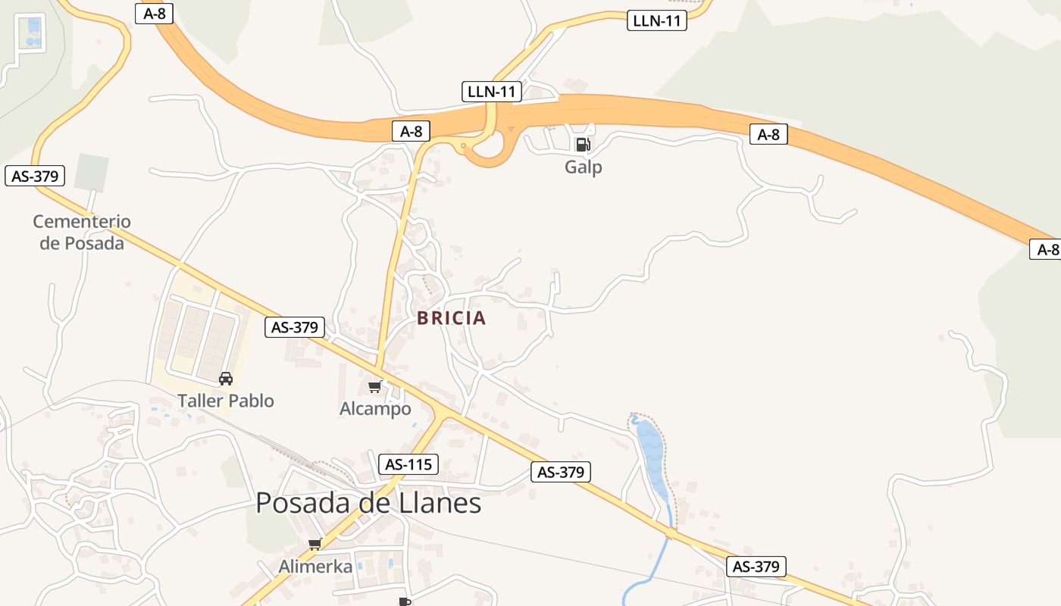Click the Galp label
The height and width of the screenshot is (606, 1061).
[x=583, y=167]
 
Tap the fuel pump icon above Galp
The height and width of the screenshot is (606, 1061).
[x=582, y=144]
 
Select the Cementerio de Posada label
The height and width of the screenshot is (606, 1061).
[x=82, y=232]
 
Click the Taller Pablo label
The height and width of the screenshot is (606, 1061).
[x=225, y=401]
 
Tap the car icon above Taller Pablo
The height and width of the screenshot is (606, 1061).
[x=225, y=378]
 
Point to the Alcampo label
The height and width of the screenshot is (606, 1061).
[x=375, y=409]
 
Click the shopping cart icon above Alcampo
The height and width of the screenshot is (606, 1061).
[x=374, y=387]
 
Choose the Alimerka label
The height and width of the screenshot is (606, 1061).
[x=315, y=566]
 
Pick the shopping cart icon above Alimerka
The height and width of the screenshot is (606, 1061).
[x=315, y=544]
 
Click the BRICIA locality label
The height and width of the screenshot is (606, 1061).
[x=451, y=318]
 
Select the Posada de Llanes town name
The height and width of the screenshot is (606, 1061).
[x=368, y=503]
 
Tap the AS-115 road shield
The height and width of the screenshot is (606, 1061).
[x=408, y=464]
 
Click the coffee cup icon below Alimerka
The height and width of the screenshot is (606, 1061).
[x=405, y=601]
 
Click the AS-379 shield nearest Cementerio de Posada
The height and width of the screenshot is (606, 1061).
[x=35, y=176]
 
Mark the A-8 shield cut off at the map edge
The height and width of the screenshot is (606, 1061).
[x=1046, y=249]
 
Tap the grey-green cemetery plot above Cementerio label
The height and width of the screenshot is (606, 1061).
[x=91, y=173]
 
